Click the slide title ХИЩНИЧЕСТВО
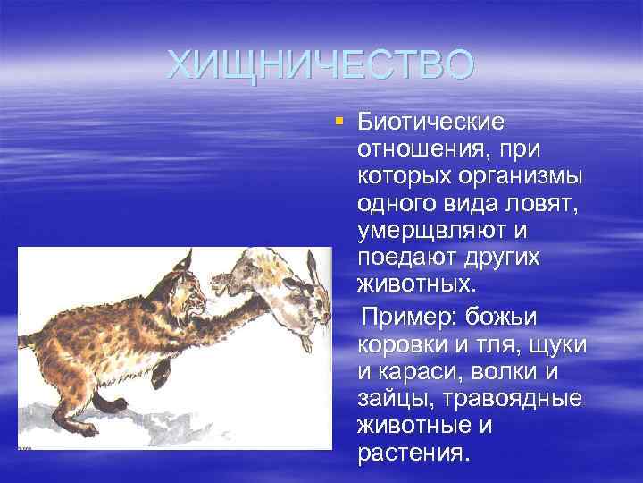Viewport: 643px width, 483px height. tap(321, 64)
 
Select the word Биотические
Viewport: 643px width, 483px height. tap(430, 121)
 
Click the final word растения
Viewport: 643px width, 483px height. tap(412, 453)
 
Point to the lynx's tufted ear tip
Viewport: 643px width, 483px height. tap(190, 254)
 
